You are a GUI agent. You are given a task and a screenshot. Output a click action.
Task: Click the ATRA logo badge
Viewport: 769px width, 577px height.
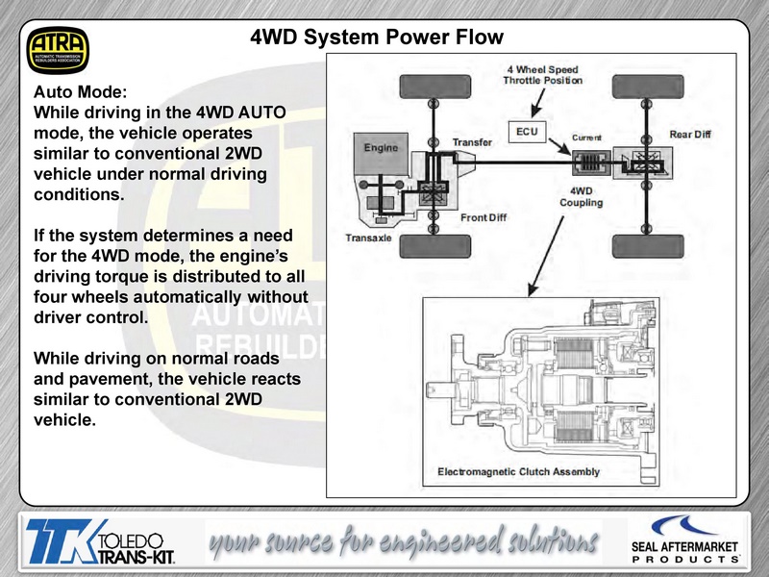[x=58, y=51]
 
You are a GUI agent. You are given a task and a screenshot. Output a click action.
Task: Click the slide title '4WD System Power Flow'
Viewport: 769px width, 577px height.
[x=377, y=38]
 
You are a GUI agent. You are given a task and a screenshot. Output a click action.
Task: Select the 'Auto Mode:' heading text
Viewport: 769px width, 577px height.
[x=81, y=91]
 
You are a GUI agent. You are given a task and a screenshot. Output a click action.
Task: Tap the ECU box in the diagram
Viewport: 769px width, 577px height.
[x=527, y=132]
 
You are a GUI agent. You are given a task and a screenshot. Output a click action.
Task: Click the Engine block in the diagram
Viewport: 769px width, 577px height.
[x=381, y=153]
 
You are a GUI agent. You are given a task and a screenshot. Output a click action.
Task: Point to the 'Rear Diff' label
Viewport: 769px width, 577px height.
[x=690, y=135]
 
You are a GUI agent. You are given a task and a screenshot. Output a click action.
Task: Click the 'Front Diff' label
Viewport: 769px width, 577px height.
[x=484, y=217]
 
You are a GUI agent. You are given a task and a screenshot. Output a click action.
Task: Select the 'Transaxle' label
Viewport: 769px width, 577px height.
[x=368, y=238]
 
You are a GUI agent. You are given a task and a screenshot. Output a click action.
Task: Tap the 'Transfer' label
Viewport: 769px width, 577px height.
[x=472, y=142]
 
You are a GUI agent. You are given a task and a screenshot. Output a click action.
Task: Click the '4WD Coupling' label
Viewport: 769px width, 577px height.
[x=582, y=197]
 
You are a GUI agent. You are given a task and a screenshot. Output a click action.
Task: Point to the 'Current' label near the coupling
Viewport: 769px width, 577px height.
[x=586, y=138]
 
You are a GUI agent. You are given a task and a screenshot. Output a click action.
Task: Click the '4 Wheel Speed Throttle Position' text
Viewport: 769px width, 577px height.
[x=543, y=75]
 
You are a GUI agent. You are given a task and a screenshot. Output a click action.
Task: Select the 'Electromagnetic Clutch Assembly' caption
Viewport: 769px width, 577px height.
[x=518, y=471]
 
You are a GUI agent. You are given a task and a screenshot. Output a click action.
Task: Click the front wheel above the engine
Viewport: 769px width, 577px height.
[x=435, y=87]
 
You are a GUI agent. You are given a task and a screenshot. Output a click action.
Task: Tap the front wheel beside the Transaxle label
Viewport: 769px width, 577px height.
[x=435, y=246]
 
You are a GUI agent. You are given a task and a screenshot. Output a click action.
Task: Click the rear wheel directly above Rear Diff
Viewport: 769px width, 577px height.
[x=648, y=87]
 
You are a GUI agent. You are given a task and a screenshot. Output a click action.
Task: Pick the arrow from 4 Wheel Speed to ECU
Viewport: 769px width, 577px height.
[x=538, y=104]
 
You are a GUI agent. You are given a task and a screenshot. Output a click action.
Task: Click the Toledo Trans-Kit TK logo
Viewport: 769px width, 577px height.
[x=101, y=541]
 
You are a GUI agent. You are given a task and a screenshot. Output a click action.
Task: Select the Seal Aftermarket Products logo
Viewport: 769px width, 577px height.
[x=684, y=539]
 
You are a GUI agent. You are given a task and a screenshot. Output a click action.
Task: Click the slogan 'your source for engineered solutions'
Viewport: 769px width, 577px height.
[x=404, y=541]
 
